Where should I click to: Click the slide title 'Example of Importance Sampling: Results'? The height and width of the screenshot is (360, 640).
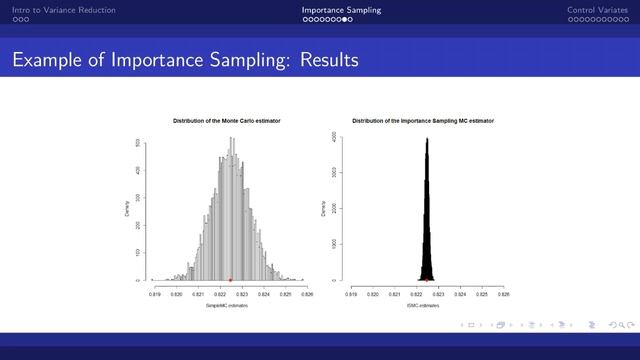[x=185, y=62]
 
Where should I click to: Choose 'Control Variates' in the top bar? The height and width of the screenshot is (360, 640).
[x=598, y=10]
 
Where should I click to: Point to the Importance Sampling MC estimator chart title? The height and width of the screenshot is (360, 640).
[x=423, y=120]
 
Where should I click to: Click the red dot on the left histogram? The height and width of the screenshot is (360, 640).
[x=231, y=279]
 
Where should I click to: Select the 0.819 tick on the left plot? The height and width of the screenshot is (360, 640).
[x=155, y=295]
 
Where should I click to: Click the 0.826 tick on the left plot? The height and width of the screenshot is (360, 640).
[x=306, y=295]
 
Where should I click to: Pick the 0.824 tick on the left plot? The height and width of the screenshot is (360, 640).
[x=263, y=295]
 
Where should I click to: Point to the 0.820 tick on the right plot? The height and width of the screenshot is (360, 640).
[x=373, y=295]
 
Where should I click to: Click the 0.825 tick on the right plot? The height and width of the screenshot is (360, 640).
[x=481, y=295]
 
